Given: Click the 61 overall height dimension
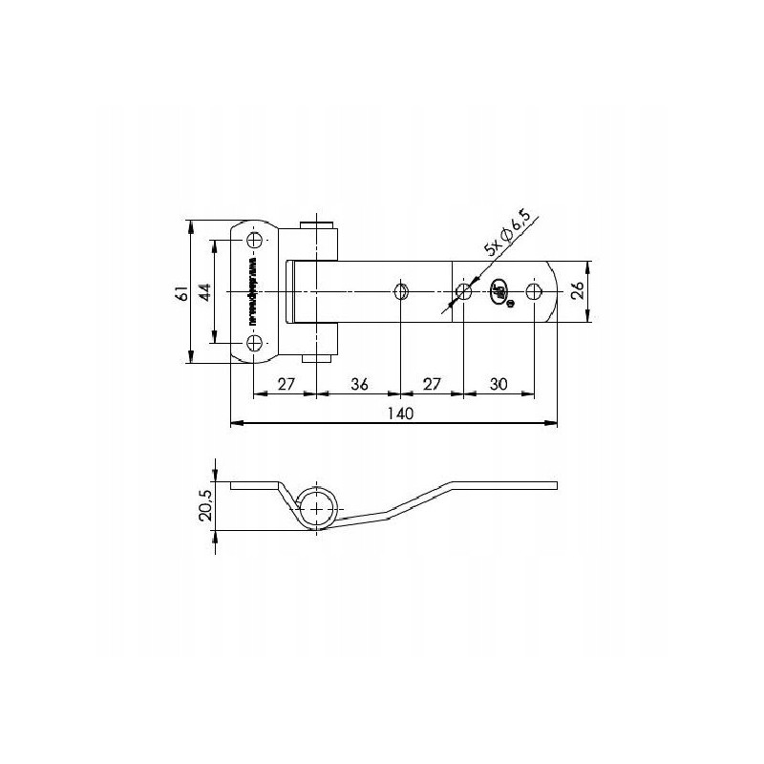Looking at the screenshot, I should click(180, 293).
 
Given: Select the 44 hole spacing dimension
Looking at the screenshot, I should click(203, 291).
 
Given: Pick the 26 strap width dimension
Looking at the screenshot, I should click(578, 292).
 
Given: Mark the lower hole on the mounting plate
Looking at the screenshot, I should click(254, 343).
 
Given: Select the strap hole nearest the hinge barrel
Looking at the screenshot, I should click(401, 290).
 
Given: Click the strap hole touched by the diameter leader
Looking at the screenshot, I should click(463, 291).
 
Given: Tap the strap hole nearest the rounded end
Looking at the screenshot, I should click(534, 291).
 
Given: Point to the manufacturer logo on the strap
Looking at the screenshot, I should click(499, 293).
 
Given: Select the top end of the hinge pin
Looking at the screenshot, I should click(318, 225).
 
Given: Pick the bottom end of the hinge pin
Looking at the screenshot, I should click(318, 357).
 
